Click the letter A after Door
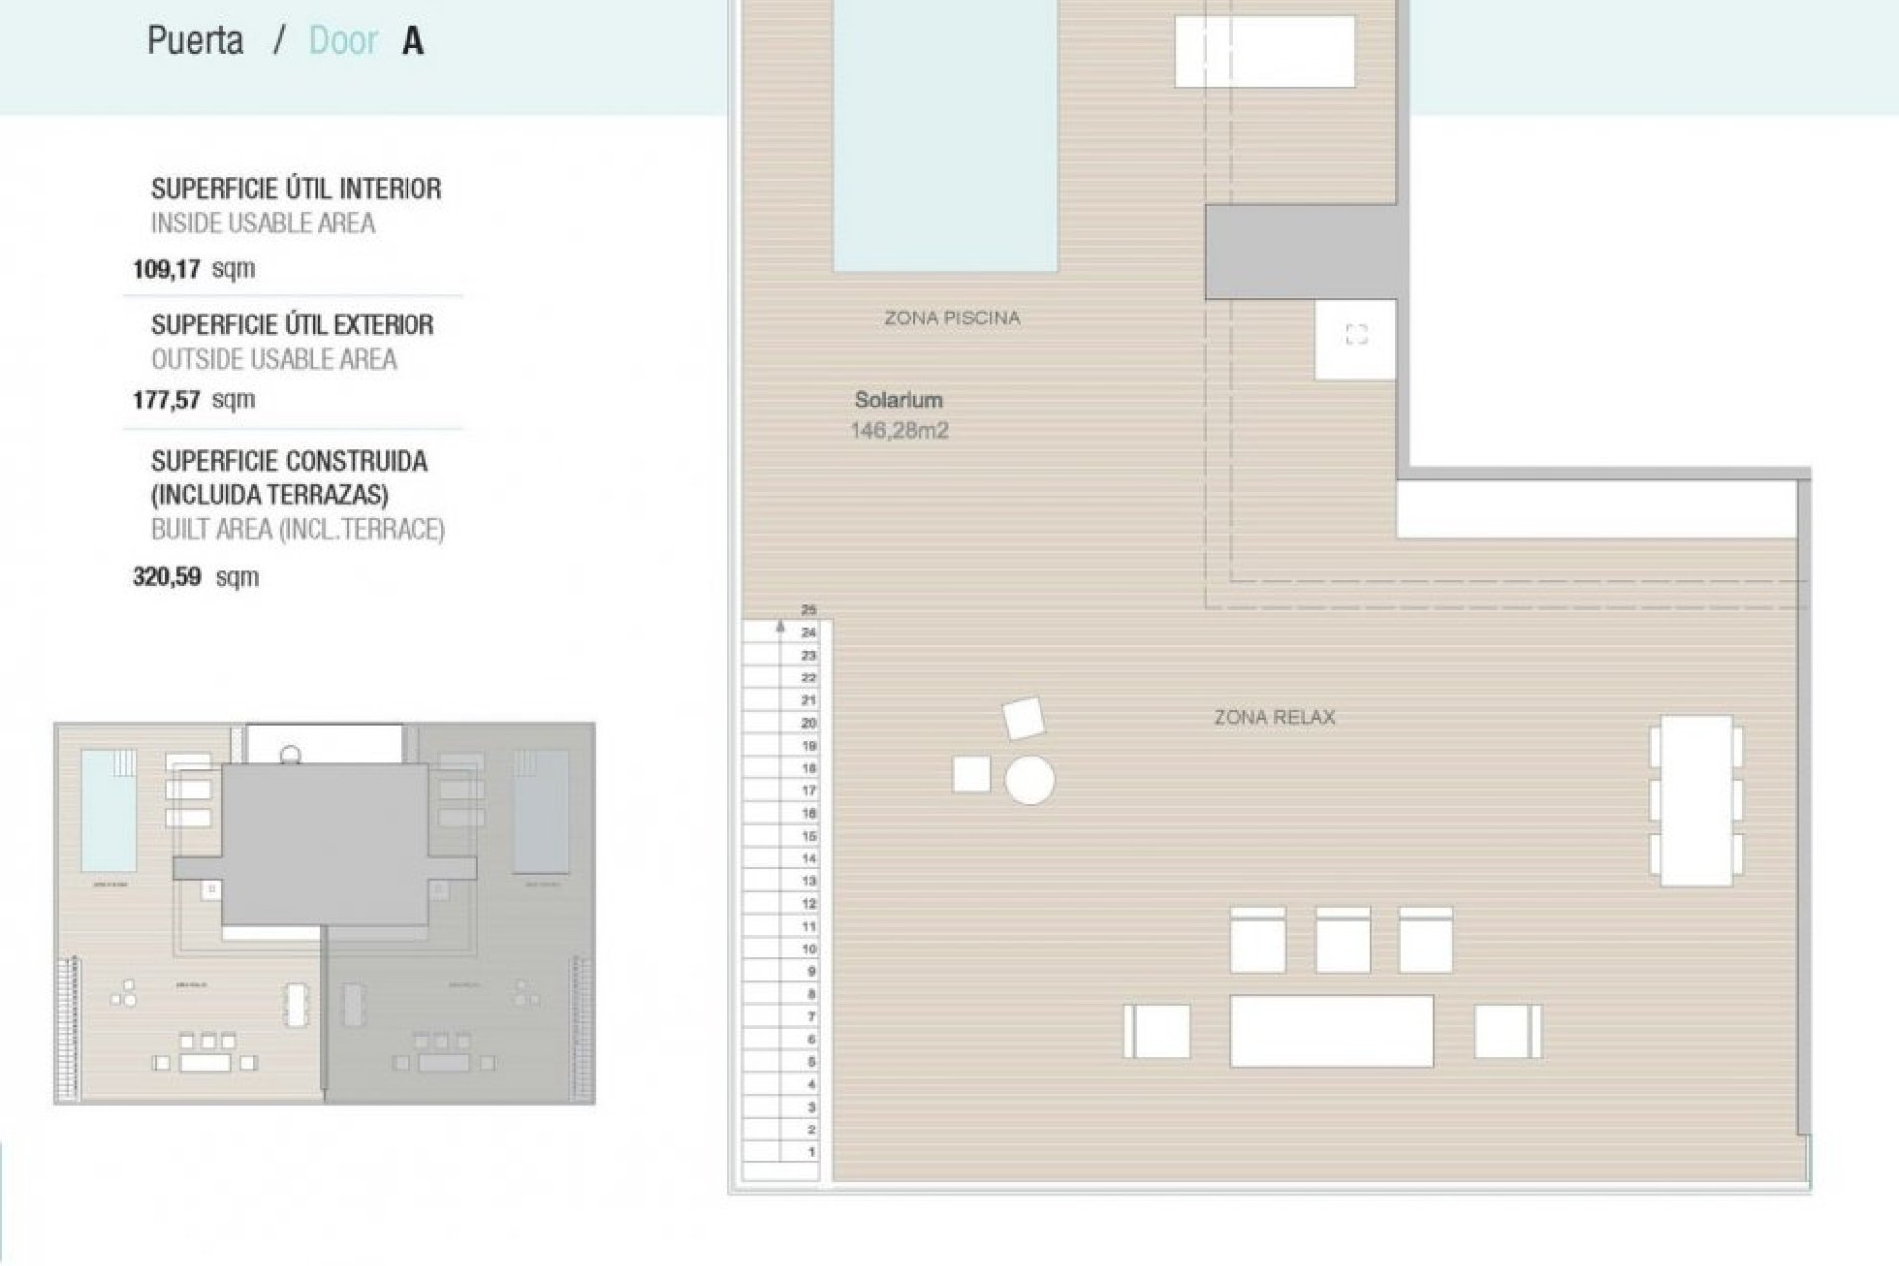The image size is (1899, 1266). point(413,42)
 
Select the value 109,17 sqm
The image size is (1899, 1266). point(194,268)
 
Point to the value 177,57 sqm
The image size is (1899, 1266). point(194,400)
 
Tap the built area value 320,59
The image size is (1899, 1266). point(167,576)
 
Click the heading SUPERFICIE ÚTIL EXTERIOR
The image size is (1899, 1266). point(293,324)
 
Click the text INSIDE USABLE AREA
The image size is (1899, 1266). point(263,224)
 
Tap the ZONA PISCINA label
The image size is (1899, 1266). point(951,318)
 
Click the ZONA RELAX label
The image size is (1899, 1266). point(1274,718)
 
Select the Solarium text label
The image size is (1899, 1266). point(898,400)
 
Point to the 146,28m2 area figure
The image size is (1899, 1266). point(898,431)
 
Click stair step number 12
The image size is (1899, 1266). point(809,904)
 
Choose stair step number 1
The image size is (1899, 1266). point(811,1152)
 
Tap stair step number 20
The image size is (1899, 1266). point(809,723)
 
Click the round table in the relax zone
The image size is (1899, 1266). point(1030,780)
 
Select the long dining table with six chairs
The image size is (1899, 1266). point(1695,800)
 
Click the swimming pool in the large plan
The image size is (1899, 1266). point(946,138)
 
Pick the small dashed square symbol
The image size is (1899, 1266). point(1356,335)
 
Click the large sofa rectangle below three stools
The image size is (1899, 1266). point(1331,1032)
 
